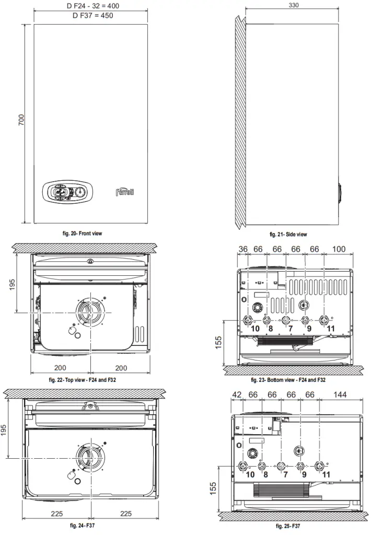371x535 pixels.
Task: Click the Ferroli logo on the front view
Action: (124, 192)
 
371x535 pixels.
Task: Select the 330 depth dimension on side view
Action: (295, 5)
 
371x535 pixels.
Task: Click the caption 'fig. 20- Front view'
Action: (83, 234)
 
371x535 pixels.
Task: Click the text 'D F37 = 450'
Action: (92, 15)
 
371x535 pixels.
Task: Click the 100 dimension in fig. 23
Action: (338, 249)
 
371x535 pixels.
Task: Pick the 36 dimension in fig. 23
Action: (243, 249)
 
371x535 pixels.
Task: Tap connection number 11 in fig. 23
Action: (330, 329)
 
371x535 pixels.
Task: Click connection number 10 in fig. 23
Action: (255, 329)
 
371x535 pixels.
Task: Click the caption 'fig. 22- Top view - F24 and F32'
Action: (83, 380)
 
